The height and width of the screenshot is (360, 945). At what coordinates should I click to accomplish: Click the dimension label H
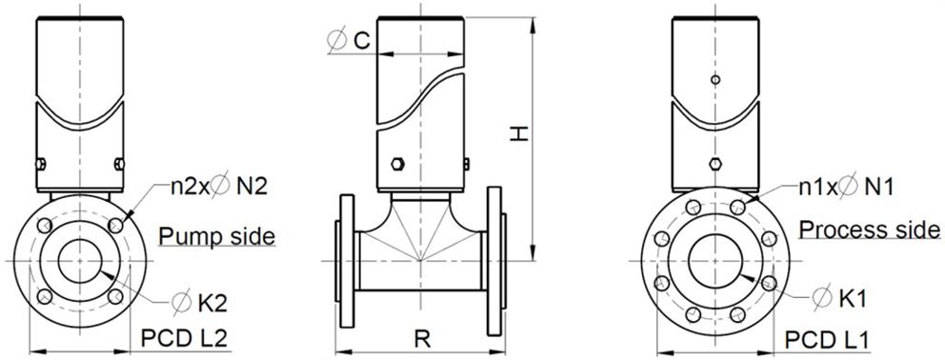click(519, 133)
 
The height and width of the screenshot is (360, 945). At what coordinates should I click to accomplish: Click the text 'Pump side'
click(217, 236)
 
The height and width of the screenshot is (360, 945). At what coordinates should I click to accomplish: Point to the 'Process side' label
click(870, 230)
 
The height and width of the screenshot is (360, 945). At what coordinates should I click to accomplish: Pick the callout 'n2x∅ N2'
click(217, 188)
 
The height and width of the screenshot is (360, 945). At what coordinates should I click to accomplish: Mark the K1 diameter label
click(839, 298)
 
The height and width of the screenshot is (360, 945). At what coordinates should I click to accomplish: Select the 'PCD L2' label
click(184, 339)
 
